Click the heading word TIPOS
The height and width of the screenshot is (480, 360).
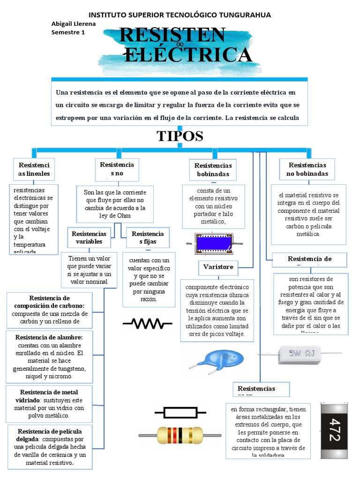click(x=180, y=136)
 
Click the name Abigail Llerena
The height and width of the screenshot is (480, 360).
click(x=73, y=24)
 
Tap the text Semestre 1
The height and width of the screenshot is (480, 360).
click(x=67, y=32)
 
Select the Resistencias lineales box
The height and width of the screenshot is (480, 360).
click(x=34, y=169)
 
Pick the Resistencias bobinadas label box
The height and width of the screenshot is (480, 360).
click(x=213, y=170)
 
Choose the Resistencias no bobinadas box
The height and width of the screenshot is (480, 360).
click(x=307, y=169)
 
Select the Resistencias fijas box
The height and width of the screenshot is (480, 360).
click(x=148, y=238)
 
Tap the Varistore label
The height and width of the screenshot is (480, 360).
click(x=218, y=267)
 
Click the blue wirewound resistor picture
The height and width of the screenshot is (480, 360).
click(x=214, y=244)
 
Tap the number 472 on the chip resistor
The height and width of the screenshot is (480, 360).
click(x=334, y=429)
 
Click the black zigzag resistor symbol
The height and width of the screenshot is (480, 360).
click(x=147, y=323)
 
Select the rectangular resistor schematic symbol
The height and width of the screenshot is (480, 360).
click(x=180, y=412)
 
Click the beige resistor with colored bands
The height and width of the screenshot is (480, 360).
click(x=180, y=435)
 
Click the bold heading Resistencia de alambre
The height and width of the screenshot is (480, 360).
click(x=49, y=337)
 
